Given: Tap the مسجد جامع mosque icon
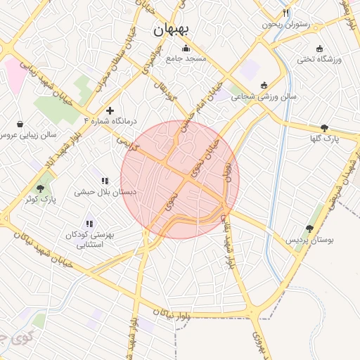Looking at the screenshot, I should coord(186,49).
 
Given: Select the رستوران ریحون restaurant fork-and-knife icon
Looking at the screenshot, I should coord(286,13).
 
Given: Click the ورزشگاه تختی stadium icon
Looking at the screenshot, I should coord(320,49).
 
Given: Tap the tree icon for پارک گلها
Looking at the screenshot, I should coord(323,128).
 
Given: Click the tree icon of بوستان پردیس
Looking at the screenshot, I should coord(309,229).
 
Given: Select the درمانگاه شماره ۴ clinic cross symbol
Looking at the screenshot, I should coord(110,110).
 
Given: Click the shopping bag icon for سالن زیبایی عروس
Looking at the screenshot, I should coord(20,124).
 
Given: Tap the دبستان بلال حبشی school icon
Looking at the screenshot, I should coord(105,181).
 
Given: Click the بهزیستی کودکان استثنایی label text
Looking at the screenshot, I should coord(94,240).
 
